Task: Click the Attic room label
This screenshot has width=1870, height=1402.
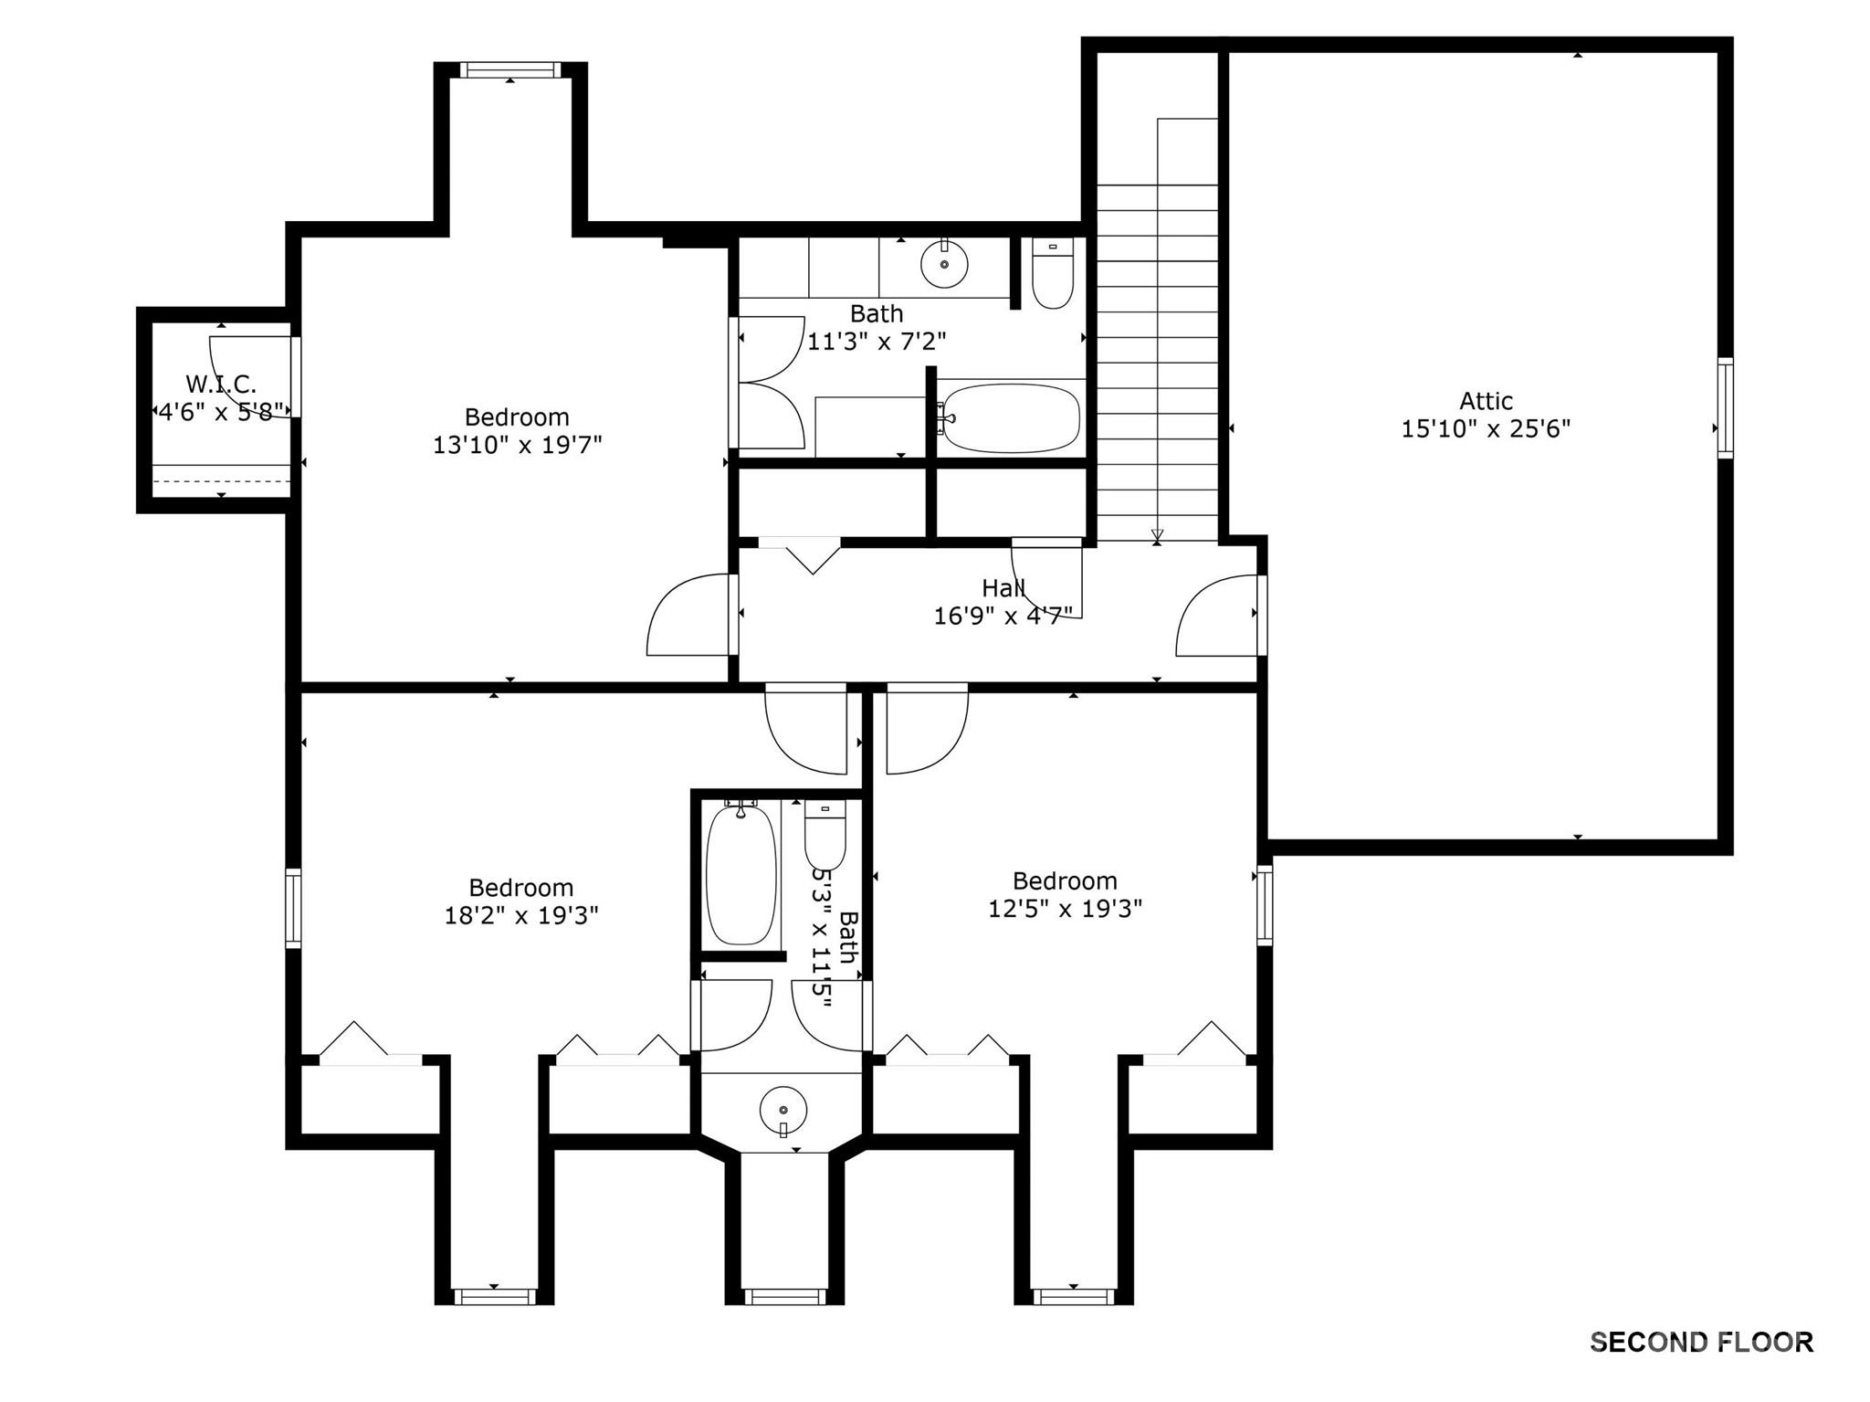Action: click(1486, 401)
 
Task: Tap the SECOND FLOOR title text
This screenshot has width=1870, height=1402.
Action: click(1701, 1342)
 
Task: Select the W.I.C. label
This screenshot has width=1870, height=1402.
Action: click(221, 384)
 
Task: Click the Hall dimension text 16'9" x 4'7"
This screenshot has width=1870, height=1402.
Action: click(1003, 617)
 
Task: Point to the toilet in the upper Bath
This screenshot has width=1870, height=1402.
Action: click(1053, 275)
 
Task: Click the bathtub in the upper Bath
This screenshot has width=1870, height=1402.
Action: click(1010, 418)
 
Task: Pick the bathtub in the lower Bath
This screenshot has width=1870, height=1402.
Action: click(741, 874)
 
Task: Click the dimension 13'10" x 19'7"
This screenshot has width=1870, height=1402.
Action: click(517, 445)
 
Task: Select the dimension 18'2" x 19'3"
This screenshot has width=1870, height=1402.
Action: click(520, 915)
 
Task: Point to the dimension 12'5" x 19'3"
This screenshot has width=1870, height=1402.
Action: click(1065, 909)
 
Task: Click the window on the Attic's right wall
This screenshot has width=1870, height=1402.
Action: click(1725, 407)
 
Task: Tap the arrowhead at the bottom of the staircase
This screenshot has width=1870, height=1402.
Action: click(1158, 535)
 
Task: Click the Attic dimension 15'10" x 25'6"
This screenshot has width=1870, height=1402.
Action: click(1486, 428)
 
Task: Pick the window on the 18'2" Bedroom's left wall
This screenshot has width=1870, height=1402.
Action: click(293, 907)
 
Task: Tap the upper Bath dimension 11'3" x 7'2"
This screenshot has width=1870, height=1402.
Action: click(876, 342)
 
